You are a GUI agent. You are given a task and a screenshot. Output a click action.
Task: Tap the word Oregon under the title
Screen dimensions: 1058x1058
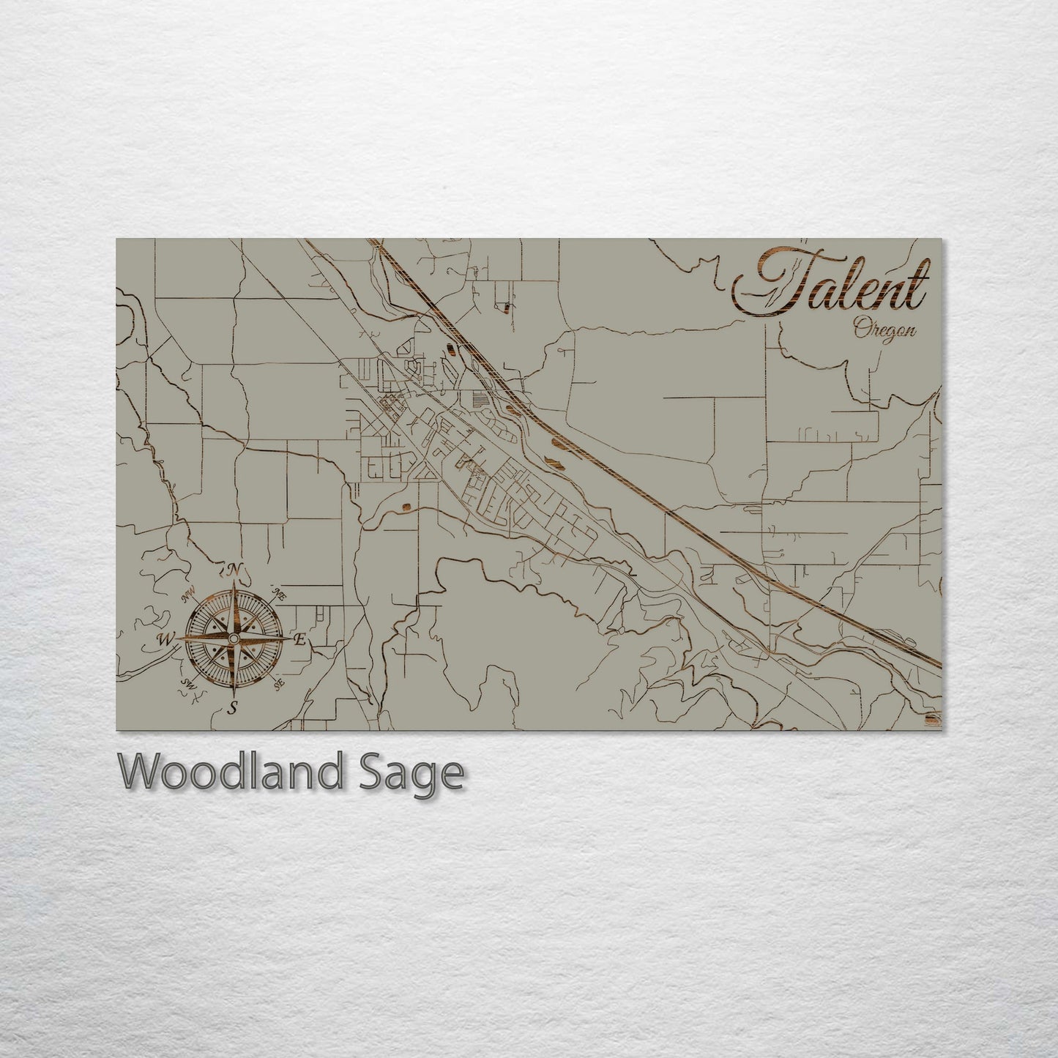point(884,329)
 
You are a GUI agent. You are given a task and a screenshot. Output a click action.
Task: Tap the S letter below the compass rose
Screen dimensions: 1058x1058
point(233,708)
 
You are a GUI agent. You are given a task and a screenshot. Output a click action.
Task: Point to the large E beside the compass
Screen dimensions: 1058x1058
point(299,641)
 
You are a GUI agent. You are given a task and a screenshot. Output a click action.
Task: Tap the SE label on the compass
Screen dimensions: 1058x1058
point(278,685)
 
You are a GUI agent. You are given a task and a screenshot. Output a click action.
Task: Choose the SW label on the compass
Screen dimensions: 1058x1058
point(188,685)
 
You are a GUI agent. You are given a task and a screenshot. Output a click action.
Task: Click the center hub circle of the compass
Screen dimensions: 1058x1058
point(234,640)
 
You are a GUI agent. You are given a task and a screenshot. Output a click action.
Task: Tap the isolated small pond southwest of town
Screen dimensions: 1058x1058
point(404,504)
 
